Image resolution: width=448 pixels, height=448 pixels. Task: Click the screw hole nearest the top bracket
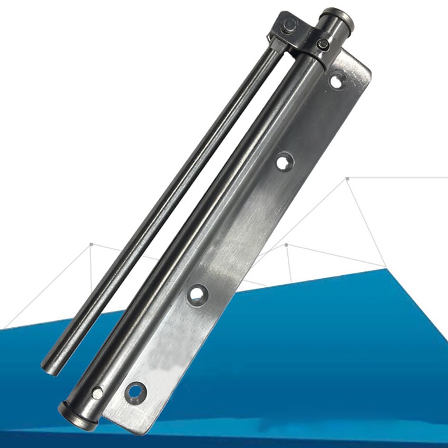point(336,81)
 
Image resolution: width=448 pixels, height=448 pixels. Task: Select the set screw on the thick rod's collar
point(323,44)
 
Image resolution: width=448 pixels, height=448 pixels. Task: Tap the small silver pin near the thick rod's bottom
point(97,393)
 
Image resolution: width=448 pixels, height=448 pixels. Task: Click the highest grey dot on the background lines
point(347,179)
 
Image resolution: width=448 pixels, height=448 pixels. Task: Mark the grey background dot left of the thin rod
point(91,244)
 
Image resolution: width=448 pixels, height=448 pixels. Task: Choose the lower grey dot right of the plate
point(286,245)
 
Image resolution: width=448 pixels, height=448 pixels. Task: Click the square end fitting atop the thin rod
point(285,27)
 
